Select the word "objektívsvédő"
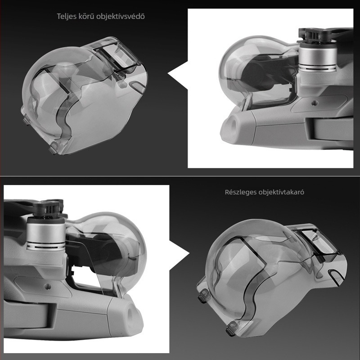tap(121, 16)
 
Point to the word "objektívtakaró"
tap(282, 192)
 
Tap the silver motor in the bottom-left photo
tap(46, 234)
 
